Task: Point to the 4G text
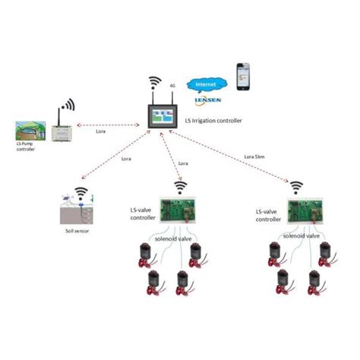[173, 87]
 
